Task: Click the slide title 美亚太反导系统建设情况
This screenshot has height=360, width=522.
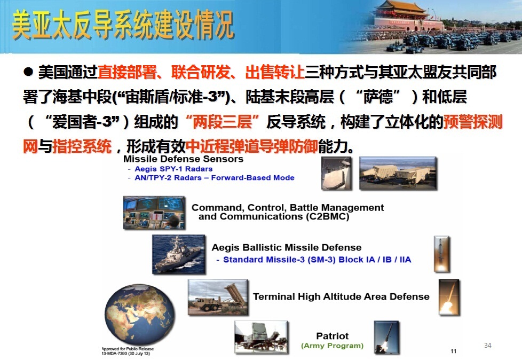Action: pyautogui.click(x=123, y=25)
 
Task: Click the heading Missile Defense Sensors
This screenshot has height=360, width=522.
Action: pyautogui.click(x=183, y=159)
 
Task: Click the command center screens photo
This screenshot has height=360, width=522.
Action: pyautogui.click(x=154, y=213)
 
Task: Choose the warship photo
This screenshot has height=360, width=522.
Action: pyautogui.click(x=179, y=254)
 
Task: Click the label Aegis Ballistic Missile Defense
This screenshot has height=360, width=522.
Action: pyautogui.click(x=287, y=247)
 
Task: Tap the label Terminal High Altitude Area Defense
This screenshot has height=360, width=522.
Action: pyautogui.click(x=341, y=296)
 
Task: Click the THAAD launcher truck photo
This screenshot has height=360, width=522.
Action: pyautogui.click(x=218, y=297)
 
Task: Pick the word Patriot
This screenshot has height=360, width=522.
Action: pyautogui.click(x=332, y=335)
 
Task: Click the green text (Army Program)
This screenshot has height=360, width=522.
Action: pyautogui.click(x=332, y=346)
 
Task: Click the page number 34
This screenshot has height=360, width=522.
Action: pyautogui.click(x=488, y=346)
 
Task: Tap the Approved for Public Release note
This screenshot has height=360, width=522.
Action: pyautogui.click(x=128, y=351)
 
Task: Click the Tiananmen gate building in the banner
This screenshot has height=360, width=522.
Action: pyautogui.click(x=408, y=15)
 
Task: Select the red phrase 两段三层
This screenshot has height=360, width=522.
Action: pyautogui.click(x=223, y=122)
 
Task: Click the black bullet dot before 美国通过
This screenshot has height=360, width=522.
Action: pyautogui.click(x=28, y=72)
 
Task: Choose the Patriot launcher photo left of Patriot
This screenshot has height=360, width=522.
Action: pyautogui.click(x=261, y=337)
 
